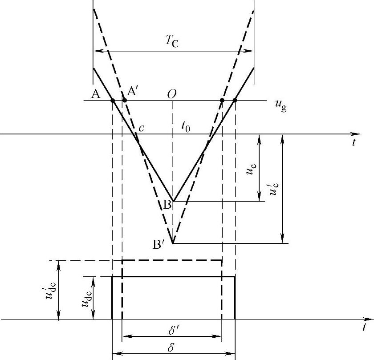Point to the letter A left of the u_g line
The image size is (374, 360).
pyautogui.click(x=94, y=93)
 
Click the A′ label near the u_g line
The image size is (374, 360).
pyautogui.click(x=132, y=91)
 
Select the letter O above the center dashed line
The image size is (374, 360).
pyautogui.click(x=172, y=93)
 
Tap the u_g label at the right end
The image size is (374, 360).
pyautogui.click(x=280, y=106)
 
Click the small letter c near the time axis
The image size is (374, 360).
pyautogui.click(x=142, y=128)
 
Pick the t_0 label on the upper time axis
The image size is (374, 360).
pyautogui.click(x=186, y=127)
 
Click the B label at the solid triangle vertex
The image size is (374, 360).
pyautogui.click(x=167, y=205)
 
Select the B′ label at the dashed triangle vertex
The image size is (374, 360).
pyautogui.click(x=159, y=244)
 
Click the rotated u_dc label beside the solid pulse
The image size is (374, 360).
pyautogui.click(x=86, y=297)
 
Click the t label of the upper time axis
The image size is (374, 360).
pyautogui.click(x=354, y=142)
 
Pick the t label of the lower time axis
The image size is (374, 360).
pyautogui.click(x=365, y=328)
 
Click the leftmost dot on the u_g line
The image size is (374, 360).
pyautogui.click(x=113, y=101)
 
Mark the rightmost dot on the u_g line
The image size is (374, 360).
pyautogui.click(x=235, y=101)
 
